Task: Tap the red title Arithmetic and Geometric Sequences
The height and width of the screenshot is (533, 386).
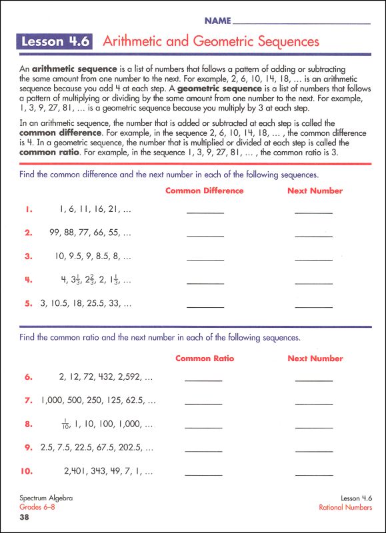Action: click(x=211, y=42)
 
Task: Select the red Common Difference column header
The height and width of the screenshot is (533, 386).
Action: click(x=204, y=191)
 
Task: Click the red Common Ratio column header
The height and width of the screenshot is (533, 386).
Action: click(x=205, y=358)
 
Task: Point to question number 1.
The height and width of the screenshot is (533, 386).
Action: click(x=29, y=209)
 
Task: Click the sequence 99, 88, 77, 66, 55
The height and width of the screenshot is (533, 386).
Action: click(x=91, y=233)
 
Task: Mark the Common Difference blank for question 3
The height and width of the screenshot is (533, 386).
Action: click(x=205, y=259)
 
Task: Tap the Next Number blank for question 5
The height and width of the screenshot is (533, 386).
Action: click(x=313, y=306)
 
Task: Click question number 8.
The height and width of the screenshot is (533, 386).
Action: click(x=29, y=424)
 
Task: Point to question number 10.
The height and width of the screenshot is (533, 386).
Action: click(x=27, y=471)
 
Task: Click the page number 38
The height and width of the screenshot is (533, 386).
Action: click(x=25, y=517)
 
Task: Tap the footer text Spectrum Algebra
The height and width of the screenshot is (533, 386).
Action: click(x=46, y=498)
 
